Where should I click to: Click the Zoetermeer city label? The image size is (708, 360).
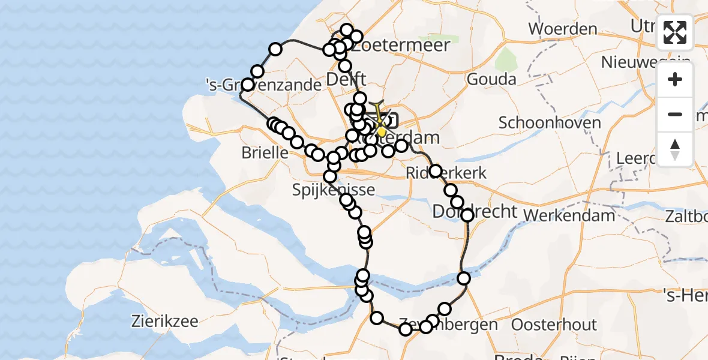(x=401, y=46)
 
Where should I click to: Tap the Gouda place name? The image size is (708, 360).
(x=491, y=79)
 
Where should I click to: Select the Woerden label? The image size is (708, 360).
(x=562, y=29)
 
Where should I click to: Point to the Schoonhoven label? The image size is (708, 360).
(x=550, y=123)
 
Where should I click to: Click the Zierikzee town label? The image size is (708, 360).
(x=164, y=321)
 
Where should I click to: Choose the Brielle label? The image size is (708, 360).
(x=265, y=152)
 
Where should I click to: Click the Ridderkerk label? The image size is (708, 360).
(x=446, y=173)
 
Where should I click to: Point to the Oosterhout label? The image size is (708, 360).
(x=554, y=325)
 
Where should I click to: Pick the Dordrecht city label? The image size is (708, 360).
(x=475, y=212)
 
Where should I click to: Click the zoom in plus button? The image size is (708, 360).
(x=675, y=80)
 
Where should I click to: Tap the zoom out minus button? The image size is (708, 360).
(x=675, y=114)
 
